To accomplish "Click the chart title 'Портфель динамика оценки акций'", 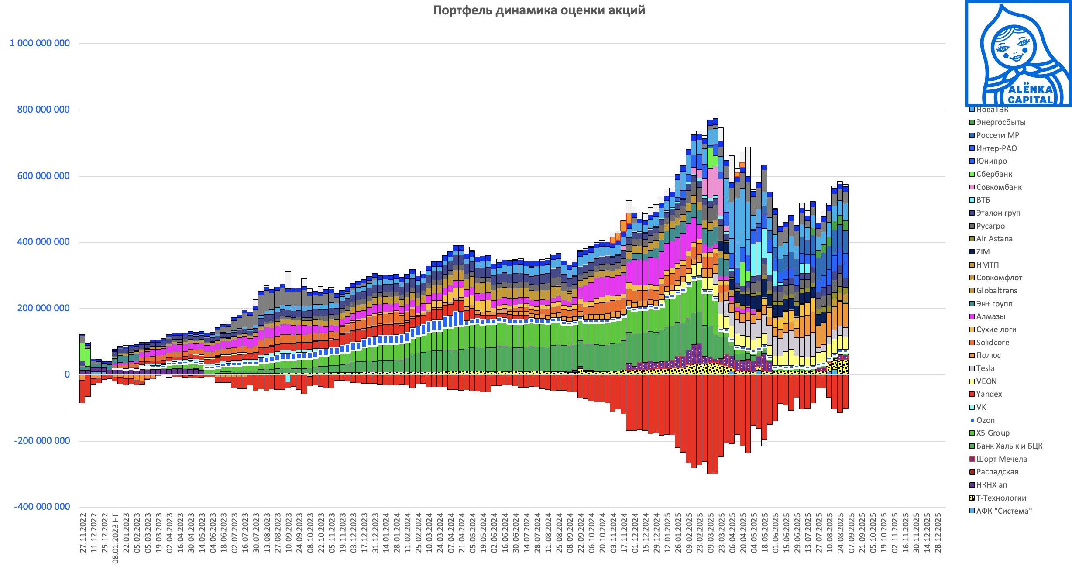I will click(x=539, y=10).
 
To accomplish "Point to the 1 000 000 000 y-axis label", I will click(x=40, y=43).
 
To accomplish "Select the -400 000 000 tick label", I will click(x=42, y=507).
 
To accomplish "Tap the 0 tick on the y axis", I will click(x=67, y=374).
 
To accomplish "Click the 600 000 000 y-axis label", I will click(x=43, y=176).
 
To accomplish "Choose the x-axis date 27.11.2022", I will click(x=83, y=533).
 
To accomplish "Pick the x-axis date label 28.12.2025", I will click(x=938, y=533).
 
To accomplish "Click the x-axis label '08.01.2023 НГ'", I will click(x=116, y=538).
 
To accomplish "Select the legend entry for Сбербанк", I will click(x=994, y=174).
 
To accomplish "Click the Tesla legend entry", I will click(x=985, y=368).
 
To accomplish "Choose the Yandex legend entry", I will click(x=989, y=394).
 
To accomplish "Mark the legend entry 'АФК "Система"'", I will click(x=1003, y=511).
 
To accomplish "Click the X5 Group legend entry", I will click(x=993, y=433).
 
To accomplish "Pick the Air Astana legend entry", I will click(x=994, y=239).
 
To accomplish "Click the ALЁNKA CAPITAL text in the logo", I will click(x=1031, y=95).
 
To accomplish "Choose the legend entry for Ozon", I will click(x=985, y=420).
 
